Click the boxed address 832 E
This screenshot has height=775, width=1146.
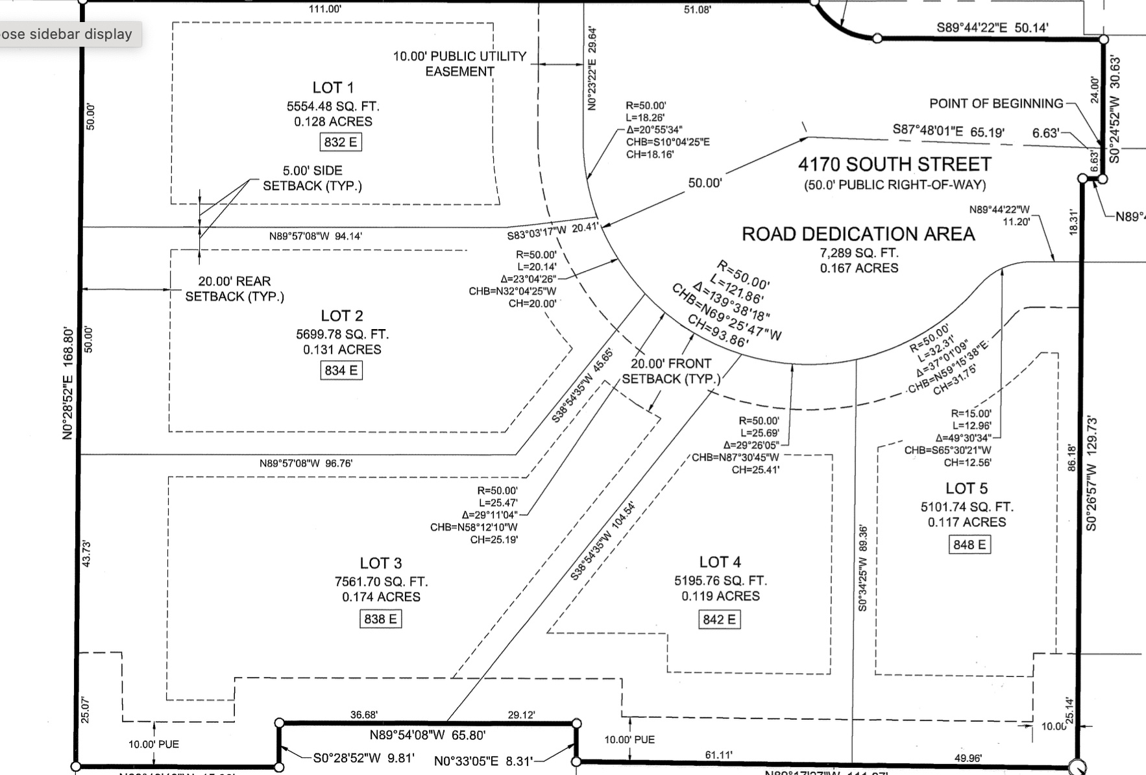coord(341,142)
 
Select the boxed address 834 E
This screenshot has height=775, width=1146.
coord(341,371)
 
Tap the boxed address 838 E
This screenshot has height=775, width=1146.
coord(380,619)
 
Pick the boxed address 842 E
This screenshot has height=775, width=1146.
coord(719,620)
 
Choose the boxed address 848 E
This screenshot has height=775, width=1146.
coord(969,545)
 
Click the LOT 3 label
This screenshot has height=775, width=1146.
coord(381,563)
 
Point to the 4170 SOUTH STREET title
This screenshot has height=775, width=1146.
coord(895,164)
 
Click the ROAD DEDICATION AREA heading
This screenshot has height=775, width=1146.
coord(858,234)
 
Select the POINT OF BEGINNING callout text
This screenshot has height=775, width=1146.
coord(996,104)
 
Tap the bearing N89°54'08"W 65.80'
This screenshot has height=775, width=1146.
coord(427,735)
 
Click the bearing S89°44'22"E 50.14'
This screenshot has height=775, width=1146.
coord(992,27)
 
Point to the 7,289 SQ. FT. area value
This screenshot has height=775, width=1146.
coord(859,253)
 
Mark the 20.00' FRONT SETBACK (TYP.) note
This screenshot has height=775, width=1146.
coord(671,371)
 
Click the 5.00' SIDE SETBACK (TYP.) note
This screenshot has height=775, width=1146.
coord(312,178)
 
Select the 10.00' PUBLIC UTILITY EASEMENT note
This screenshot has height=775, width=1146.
coord(459,64)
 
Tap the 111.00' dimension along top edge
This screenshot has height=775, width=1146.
coord(325,9)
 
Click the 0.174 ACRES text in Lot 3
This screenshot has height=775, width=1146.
coord(381,597)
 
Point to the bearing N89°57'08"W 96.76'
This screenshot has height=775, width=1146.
coord(306,463)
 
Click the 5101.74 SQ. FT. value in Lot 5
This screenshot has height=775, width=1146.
coord(966,507)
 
